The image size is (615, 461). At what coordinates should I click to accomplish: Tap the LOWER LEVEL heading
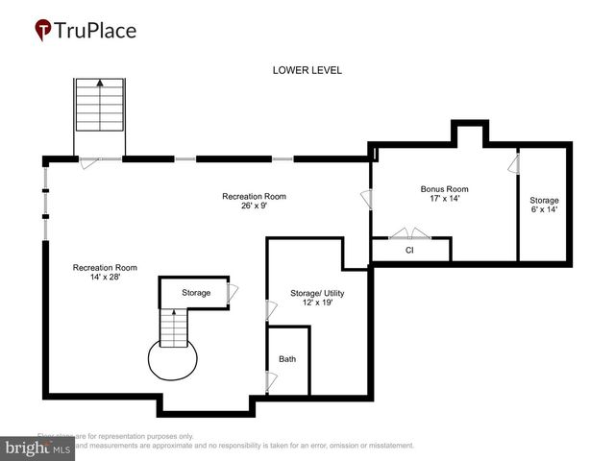pyautogui.click(x=307, y=70)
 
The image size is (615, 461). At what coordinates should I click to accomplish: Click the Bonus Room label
pyautogui.click(x=444, y=189)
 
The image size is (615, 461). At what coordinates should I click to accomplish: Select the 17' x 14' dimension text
pyautogui.click(x=444, y=201)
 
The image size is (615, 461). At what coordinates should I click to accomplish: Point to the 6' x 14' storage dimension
pyautogui.click(x=543, y=209)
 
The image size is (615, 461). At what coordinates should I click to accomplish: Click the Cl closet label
pyautogui.click(x=409, y=250)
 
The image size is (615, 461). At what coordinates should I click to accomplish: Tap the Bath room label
pyautogui.click(x=287, y=359)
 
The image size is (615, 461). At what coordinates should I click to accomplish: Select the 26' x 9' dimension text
pyautogui.click(x=254, y=205)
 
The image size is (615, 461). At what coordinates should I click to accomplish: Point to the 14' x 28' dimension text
pyautogui.click(x=105, y=279)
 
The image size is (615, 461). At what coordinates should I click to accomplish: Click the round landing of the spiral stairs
pyautogui.click(x=172, y=360)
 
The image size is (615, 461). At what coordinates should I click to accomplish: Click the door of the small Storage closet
pyautogui.click(x=232, y=293)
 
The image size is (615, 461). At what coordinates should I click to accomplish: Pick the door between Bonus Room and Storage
pyautogui.click(x=513, y=166)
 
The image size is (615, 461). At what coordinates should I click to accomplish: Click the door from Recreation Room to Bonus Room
pyautogui.click(x=366, y=200)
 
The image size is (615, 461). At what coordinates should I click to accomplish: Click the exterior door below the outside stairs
pyautogui.click(x=88, y=163)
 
